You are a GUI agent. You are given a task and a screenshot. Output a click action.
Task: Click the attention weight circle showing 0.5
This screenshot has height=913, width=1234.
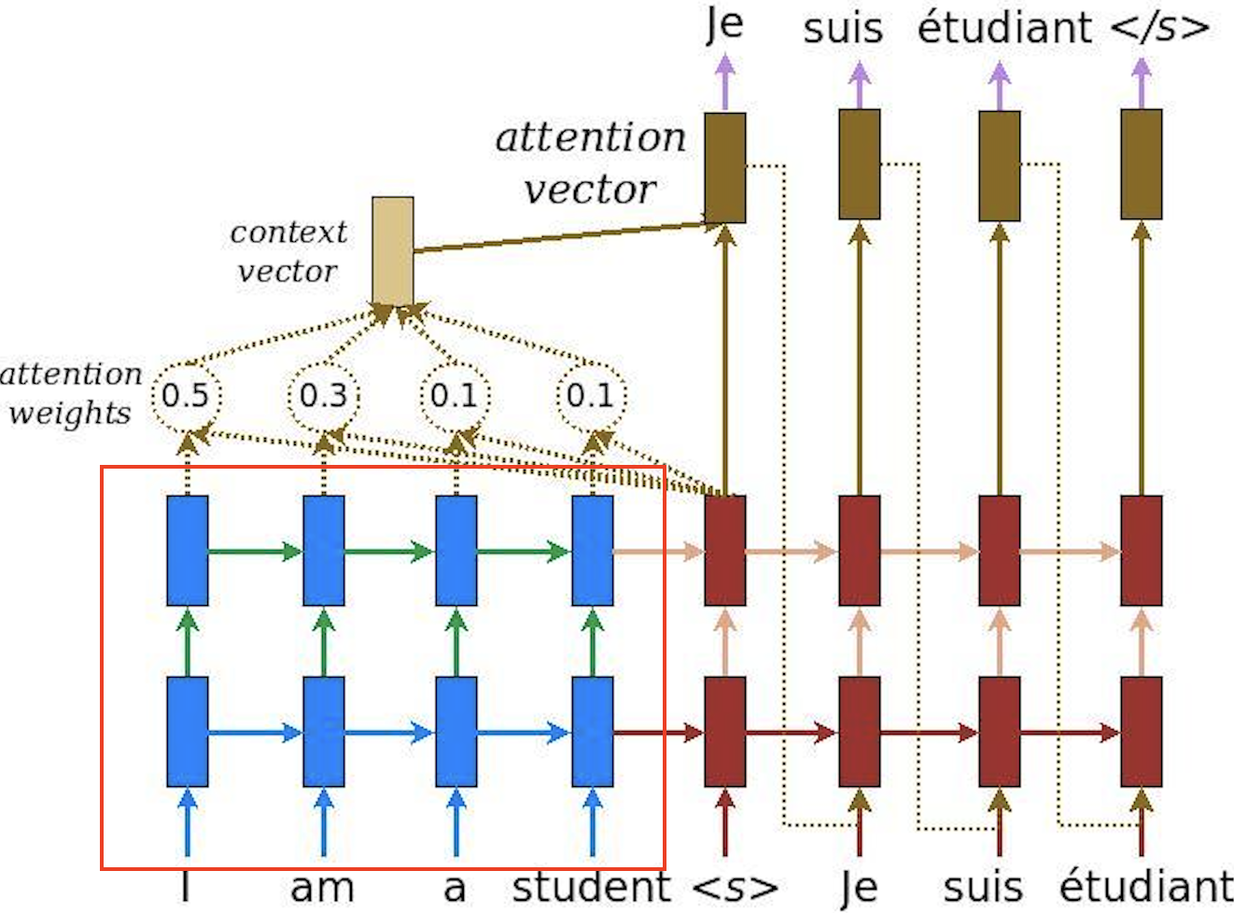[x=187, y=396]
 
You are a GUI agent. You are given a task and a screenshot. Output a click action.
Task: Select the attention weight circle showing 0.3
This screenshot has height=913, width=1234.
[x=323, y=396]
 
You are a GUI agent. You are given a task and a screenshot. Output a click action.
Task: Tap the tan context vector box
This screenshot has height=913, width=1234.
[x=392, y=250]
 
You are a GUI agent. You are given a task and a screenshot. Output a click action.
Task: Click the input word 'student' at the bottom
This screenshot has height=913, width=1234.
[x=591, y=887]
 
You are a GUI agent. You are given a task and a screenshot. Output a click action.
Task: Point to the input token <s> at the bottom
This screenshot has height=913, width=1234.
[x=735, y=887]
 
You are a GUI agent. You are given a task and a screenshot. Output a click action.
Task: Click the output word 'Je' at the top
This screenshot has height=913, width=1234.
[x=724, y=24]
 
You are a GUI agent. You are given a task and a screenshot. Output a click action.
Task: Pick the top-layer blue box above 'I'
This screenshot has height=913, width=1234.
[x=187, y=551]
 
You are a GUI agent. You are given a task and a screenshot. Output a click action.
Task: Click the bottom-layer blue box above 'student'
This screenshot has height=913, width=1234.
[x=592, y=732]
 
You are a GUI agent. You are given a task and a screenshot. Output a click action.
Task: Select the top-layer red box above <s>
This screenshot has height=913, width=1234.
[x=724, y=551]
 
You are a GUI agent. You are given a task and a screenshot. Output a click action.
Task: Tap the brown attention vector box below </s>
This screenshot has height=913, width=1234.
[x=1141, y=164]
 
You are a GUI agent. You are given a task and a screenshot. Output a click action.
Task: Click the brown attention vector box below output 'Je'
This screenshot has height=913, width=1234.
[x=724, y=168]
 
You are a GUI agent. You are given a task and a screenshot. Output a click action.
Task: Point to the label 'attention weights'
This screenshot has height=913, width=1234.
[x=70, y=392]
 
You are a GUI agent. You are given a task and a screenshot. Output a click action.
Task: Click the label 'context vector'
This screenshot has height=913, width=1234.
[x=287, y=251]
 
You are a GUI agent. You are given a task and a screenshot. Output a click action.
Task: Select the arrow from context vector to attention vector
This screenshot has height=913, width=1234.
[x=560, y=237]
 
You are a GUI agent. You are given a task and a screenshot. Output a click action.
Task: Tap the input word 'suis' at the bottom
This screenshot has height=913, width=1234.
[x=982, y=887]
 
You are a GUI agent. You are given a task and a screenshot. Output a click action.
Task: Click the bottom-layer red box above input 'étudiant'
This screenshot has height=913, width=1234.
[x=1141, y=732]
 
